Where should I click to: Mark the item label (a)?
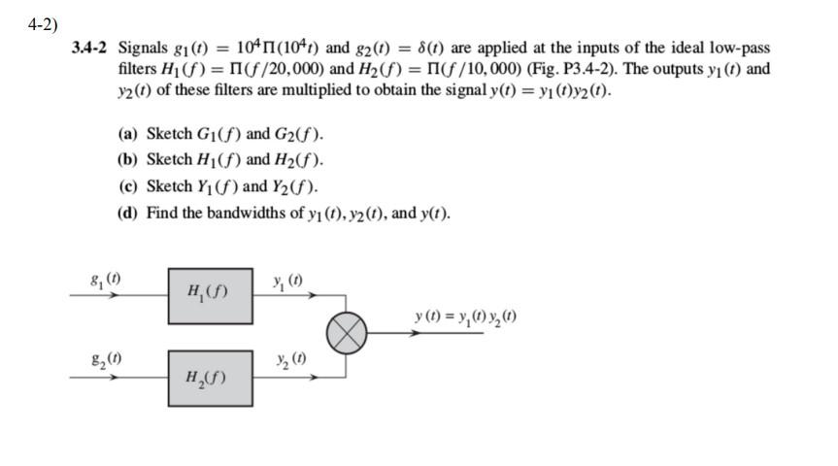pos(126,134)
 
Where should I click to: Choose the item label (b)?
pos(126,160)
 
